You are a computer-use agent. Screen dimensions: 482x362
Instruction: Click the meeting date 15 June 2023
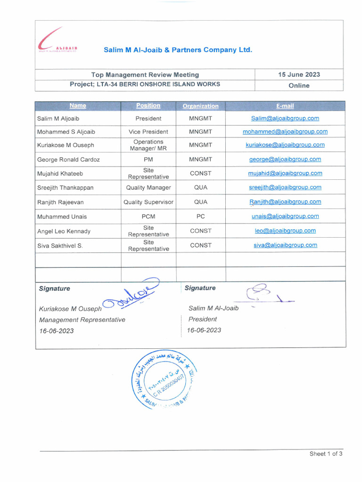(299, 74)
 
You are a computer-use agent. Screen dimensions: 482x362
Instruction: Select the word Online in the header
(299, 86)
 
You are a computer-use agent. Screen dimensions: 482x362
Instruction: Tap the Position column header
(148, 106)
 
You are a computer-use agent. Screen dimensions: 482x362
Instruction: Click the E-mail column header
(285, 106)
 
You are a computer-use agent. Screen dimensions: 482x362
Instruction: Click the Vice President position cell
(148, 132)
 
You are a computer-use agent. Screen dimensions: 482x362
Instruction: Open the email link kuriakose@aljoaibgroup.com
(285, 145)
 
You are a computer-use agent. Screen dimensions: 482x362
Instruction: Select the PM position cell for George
(148, 160)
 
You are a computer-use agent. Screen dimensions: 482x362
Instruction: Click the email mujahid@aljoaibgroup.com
(285, 173)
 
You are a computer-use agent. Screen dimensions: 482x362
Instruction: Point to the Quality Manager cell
(148, 187)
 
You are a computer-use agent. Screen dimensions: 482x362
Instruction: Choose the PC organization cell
(200, 217)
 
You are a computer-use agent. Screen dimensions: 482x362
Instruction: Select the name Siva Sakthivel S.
(60, 246)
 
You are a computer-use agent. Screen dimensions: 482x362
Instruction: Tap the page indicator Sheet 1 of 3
(326, 454)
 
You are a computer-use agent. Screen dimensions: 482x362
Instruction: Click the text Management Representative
(82, 320)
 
